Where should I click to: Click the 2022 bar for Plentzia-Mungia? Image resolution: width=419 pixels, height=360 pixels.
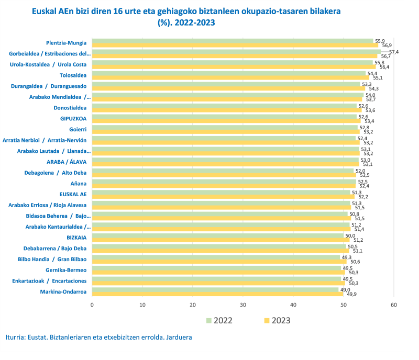tap(233, 41)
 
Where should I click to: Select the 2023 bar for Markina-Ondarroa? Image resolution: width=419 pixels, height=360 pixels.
tap(217, 294)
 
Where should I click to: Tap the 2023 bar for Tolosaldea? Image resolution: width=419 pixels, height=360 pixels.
tap(230, 78)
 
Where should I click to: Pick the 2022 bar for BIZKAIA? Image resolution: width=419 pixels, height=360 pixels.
tap(218, 236)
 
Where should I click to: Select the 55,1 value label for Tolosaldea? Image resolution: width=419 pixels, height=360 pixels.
tap(378, 78)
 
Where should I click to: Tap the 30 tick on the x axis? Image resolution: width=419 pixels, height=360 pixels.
tap(243, 305)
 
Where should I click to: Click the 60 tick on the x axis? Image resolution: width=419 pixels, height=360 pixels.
tap(394, 305)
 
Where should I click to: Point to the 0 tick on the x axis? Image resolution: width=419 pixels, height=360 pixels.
tap(92, 305)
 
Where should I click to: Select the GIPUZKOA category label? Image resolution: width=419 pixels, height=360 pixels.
tap(73, 119)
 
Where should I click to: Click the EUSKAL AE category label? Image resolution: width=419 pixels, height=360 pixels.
tap(73, 194)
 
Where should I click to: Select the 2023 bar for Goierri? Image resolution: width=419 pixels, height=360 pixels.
tap(226, 132)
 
